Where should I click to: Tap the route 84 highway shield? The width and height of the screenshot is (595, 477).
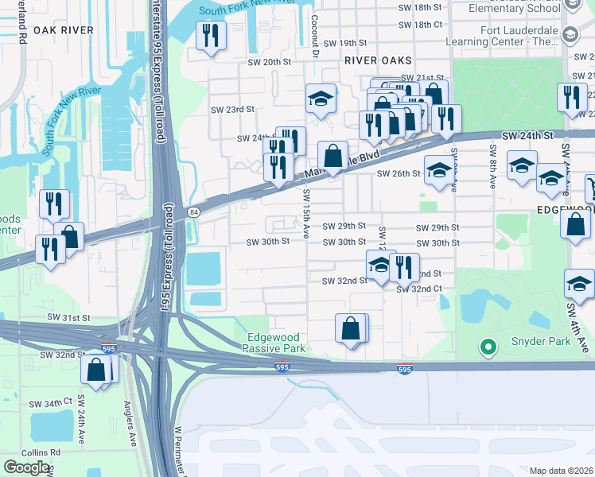195,211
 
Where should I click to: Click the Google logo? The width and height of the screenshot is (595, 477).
26,467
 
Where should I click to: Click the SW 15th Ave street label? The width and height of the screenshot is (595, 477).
306,213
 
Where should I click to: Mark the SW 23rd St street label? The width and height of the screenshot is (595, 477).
232,109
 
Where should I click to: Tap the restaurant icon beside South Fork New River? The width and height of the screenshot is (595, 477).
211,35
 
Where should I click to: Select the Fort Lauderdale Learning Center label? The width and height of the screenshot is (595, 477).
518,35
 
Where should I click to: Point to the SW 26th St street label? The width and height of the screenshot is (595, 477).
398,173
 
